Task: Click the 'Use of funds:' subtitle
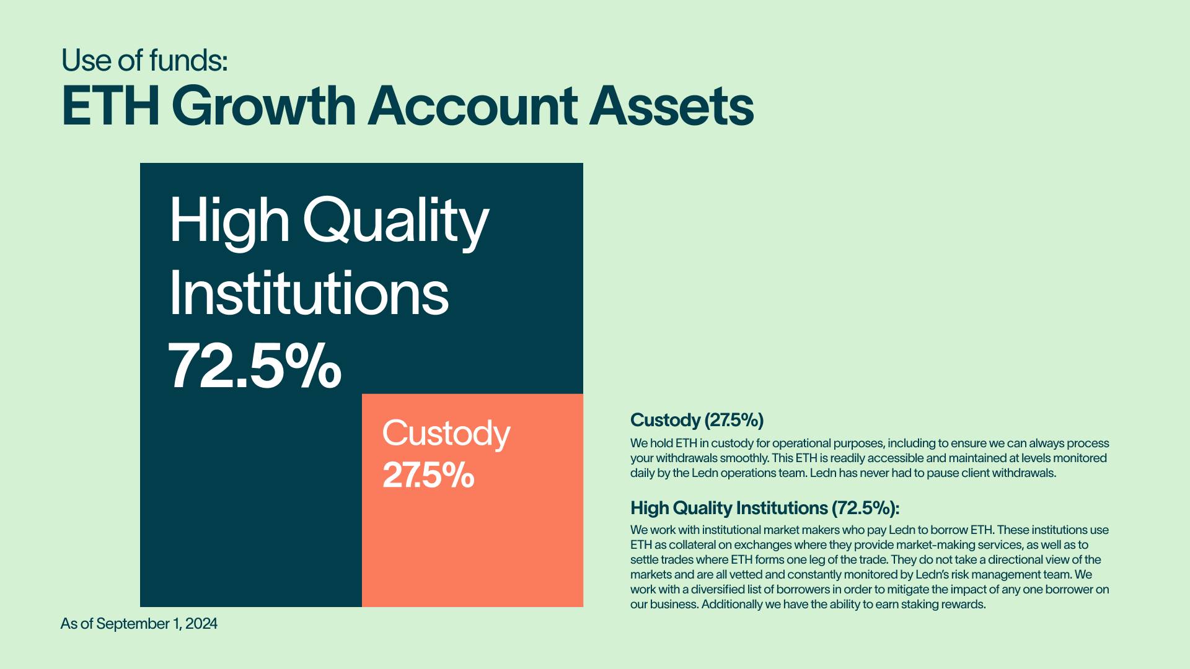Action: pyautogui.click(x=144, y=60)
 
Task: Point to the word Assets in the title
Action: pyautogui.click(x=671, y=106)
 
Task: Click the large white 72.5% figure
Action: pyautogui.click(x=255, y=365)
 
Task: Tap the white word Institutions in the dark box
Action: pyautogui.click(x=309, y=293)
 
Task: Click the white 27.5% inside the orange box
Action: pyautogui.click(x=428, y=475)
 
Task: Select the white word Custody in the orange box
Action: pyautogui.click(x=446, y=434)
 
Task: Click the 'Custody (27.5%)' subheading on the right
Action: pyautogui.click(x=697, y=421)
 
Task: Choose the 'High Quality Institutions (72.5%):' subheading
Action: pyautogui.click(x=765, y=509)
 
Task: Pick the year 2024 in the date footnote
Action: pyautogui.click(x=201, y=624)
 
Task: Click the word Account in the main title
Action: pyautogui.click(x=473, y=106)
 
